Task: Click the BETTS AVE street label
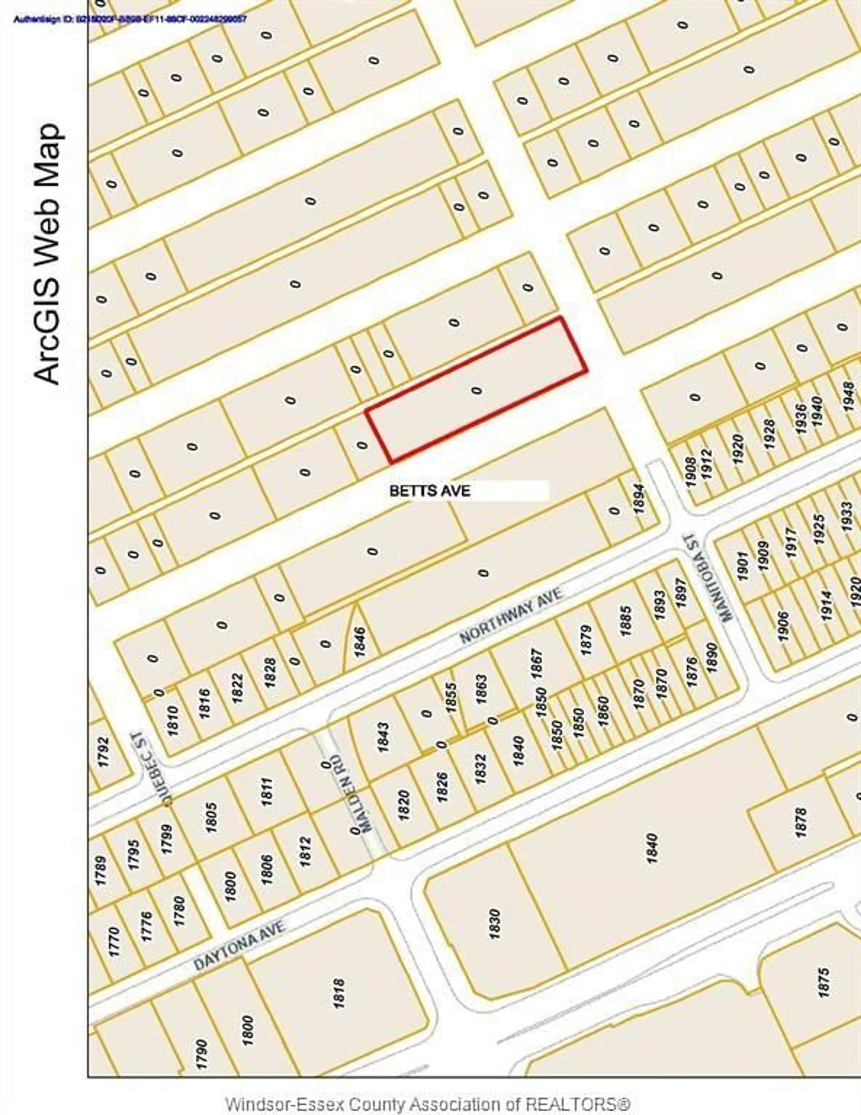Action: coord(429,491)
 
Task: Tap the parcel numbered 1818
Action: coord(339,993)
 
